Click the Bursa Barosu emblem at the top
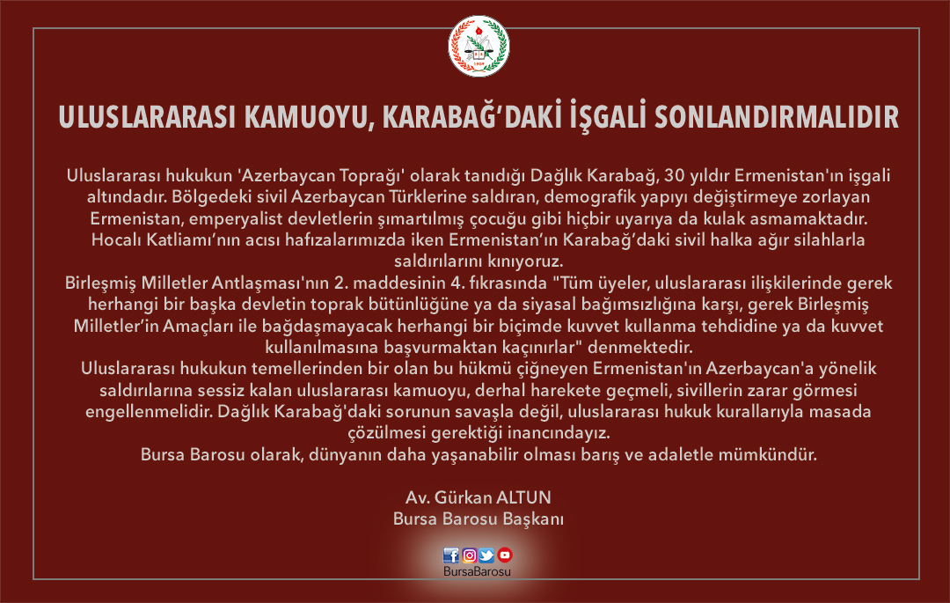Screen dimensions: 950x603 pyautogui.click(x=479, y=47)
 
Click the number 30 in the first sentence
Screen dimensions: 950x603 pyautogui.click(x=674, y=176)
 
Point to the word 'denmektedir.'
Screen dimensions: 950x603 pyautogui.click(x=639, y=347)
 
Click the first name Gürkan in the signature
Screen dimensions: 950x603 pyautogui.click(x=463, y=497)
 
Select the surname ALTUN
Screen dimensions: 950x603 pyautogui.click(x=524, y=497)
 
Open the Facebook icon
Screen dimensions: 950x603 pyautogui.click(x=450, y=555)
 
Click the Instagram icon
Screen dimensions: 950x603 pyautogui.click(x=469, y=555)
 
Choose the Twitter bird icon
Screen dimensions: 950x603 pyautogui.click(x=486, y=555)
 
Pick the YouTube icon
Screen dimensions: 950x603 pyautogui.click(x=505, y=555)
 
